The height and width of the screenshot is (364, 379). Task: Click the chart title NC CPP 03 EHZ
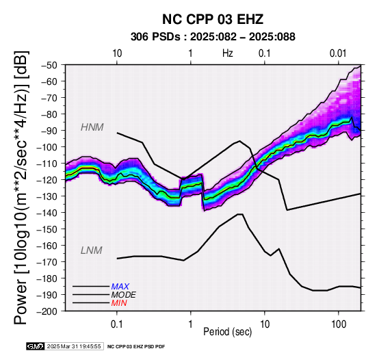coord(213,19)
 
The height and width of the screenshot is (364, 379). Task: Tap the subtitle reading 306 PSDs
coord(155,37)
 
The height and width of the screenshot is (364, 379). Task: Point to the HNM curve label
coord(92,127)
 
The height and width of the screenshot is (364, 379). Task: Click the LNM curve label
coord(92,250)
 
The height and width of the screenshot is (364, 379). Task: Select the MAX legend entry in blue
coord(120,287)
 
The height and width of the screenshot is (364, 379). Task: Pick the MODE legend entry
coord(124,295)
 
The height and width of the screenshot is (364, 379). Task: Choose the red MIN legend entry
coord(119,303)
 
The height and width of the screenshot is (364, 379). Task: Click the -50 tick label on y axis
coord(50,65)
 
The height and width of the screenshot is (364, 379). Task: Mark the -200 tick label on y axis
coord(47,311)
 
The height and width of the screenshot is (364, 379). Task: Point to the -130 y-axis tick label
coord(47,196)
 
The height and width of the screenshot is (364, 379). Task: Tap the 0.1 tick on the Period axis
coord(117,324)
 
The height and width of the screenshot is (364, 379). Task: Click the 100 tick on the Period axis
coord(339,324)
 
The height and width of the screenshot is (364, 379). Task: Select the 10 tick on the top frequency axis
coord(117,53)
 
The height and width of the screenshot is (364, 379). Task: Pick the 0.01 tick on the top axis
coord(338,53)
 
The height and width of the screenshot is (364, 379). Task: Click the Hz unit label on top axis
coord(228,53)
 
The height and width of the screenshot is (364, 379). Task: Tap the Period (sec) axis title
coord(227,332)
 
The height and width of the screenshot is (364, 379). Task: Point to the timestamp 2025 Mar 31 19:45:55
coord(74,347)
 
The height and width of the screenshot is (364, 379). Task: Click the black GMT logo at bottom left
coord(36,347)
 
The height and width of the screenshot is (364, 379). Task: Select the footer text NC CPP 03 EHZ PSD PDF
coord(136,347)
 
